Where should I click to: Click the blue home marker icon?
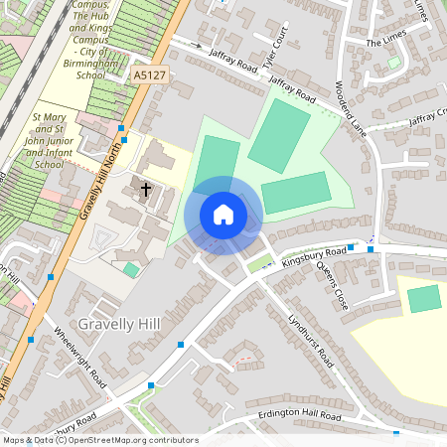click(x=223, y=215)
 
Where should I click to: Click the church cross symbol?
click(x=146, y=189)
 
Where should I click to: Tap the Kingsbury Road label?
click(x=314, y=256)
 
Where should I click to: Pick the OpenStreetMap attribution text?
click(x=100, y=440)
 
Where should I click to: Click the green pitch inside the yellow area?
click(x=424, y=298)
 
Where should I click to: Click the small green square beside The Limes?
click(x=394, y=62)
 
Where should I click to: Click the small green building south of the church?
click(x=131, y=269)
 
